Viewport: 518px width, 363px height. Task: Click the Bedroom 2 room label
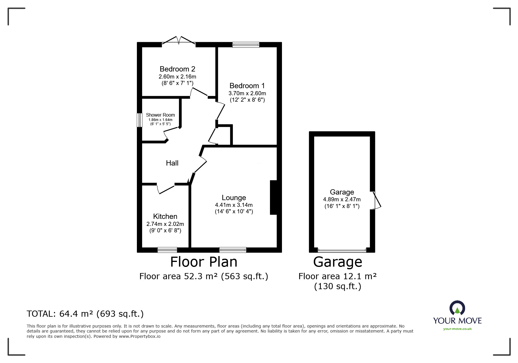pos(177,69)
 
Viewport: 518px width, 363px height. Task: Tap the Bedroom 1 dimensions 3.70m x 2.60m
pos(247,93)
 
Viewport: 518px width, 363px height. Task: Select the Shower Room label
pos(160,115)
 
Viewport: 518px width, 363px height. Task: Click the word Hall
pos(172,163)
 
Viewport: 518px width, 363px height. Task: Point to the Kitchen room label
pos(165,217)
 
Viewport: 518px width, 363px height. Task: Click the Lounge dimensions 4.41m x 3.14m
pos(234,205)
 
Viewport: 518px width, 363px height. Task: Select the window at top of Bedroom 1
pos(246,45)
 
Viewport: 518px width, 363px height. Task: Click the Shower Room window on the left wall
pos(140,120)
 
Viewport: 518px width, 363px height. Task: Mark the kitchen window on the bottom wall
pos(167,250)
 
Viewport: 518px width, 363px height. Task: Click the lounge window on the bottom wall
pos(233,250)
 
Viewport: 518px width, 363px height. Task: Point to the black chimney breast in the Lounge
pos(273,197)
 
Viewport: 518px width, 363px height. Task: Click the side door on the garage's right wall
pos(377,200)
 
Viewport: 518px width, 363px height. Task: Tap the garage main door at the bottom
pos(342,250)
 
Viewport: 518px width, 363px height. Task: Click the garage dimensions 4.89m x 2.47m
pos(342,200)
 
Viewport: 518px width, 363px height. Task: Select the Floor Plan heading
pos(204,262)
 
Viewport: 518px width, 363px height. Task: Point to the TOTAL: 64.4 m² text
pos(85,314)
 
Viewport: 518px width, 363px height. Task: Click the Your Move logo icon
pos(457,308)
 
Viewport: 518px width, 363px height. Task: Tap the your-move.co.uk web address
pos(457,329)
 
